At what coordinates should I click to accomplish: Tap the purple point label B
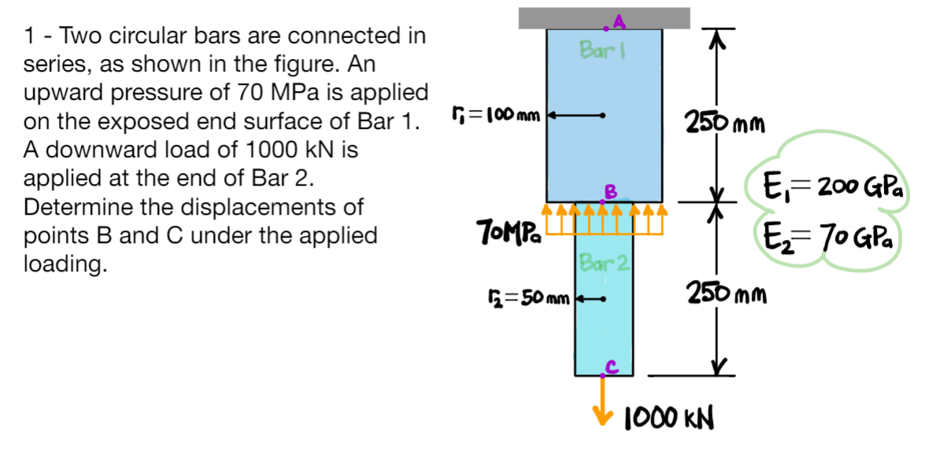tap(608, 190)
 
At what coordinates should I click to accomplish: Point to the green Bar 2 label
tap(602, 262)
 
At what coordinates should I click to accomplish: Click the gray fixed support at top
tap(604, 17)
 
